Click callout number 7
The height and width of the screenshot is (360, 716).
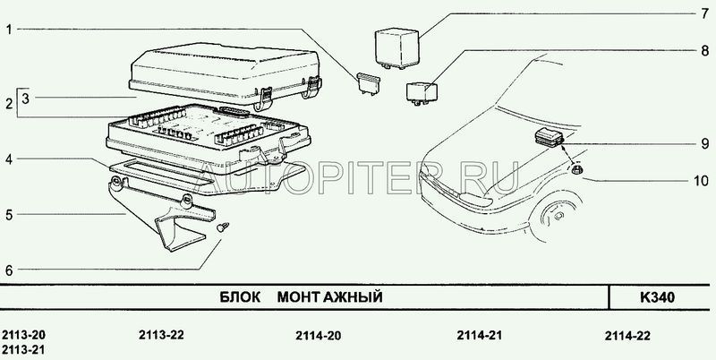point(704,13)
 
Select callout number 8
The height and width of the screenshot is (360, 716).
point(704,50)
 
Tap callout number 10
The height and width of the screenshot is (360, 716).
point(701,181)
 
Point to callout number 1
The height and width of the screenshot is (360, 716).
point(9,30)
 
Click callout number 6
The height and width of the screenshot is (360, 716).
point(9,270)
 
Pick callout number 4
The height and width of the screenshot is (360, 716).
point(9,159)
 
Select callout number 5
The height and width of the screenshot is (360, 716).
point(9,215)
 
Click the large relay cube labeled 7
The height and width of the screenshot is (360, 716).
point(396,48)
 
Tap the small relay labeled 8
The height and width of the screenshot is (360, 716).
point(421,93)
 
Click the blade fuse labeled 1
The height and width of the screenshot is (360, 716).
point(368,83)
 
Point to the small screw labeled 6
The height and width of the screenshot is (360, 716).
point(222,227)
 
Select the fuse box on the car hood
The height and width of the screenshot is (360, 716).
point(549,138)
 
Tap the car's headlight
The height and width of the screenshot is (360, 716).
point(475,200)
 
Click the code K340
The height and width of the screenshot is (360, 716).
point(657,298)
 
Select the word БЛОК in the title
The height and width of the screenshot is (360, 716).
point(240,297)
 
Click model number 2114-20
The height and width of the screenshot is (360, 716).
point(318,336)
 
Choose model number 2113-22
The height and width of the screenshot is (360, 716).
point(161,335)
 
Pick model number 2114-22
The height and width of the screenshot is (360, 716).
point(627,336)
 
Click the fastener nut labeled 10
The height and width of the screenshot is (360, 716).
point(577,170)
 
